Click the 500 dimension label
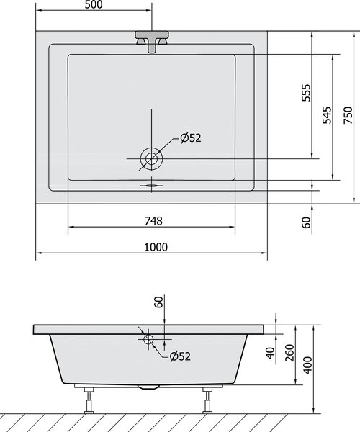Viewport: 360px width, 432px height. pyautogui.click(x=94, y=5)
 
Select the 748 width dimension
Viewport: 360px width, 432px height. pyautogui.click(x=153, y=221)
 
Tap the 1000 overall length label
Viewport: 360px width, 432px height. pyautogui.click(x=156, y=247)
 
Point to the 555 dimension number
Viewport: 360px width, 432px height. pyautogui.click(x=306, y=93)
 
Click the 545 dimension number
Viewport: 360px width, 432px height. pyautogui.click(x=327, y=115)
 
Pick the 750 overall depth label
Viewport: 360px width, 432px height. pyautogui.click(x=348, y=115)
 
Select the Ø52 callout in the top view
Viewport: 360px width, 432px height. pyautogui.click(x=191, y=138)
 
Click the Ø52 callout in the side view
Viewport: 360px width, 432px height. pyautogui.click(x=180, y=356)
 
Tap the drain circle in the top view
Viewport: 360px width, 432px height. pyautogui.click(x=151, y=158)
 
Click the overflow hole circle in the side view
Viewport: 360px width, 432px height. pyautogui.click(x=148, y=339)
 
